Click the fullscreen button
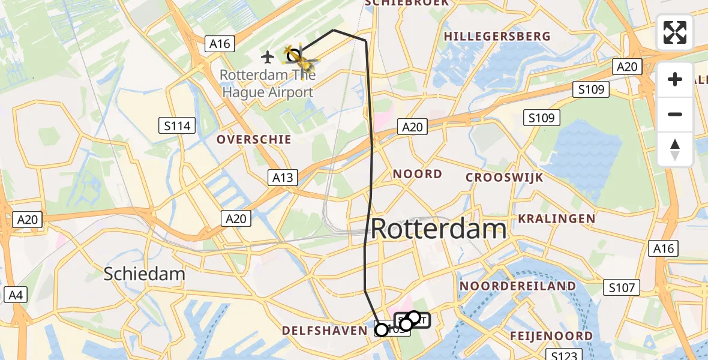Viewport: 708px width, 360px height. [x=675, y=32]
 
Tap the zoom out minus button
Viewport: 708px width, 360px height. [x=675, y=114]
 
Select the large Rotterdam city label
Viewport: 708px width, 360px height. [x=439, y=229]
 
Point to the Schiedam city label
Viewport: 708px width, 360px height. [x=144, y=274]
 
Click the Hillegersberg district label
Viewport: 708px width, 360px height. [x=497, y=37]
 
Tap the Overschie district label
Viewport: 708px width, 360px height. [x=254, y=140]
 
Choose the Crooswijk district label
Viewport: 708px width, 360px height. [x=505, y=178]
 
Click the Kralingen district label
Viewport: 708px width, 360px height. [x=557, y=219]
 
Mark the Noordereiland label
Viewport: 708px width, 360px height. [x=518, y=286]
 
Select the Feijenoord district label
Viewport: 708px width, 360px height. [x=551, y=335]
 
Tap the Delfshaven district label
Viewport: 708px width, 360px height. [x=325, y=331]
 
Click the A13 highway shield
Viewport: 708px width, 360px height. [x=282, y=177]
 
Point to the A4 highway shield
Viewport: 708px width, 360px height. [x=15, y=295]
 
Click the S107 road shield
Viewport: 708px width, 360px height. [x=621, y=288]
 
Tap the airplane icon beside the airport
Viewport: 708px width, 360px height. [x=268, y=57]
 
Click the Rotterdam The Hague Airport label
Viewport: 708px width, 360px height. [x=267, y=84]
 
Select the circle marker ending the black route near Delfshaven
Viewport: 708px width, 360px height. [x=381, y=329]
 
